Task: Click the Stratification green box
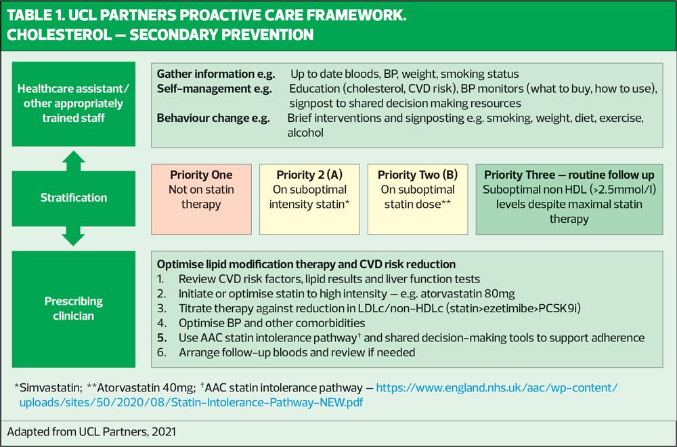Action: tap(73, 198)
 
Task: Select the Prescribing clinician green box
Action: tap(73, 309)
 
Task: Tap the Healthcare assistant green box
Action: tap(73, 104)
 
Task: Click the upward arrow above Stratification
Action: tap(73, 161)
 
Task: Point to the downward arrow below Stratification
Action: tap(73, 236)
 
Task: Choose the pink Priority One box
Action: tap(201, 199)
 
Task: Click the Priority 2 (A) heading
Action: tap(309, 175)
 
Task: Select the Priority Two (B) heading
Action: tap(418, 175)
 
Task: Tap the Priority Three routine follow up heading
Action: tap(569, 175)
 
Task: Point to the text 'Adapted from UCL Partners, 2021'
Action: tap(91, 432)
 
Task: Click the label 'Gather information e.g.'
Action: tap(216, 74)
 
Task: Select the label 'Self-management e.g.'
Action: tap(215, 89)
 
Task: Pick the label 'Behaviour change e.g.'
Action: tap(213, 119)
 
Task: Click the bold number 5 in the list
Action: tap(162, 338)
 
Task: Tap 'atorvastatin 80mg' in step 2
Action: tap(468, 294)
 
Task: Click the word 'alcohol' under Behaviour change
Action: tap(305, 133)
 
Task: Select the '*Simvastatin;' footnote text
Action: tap(48, 388)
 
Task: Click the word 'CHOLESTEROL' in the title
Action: tap(59, 35)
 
